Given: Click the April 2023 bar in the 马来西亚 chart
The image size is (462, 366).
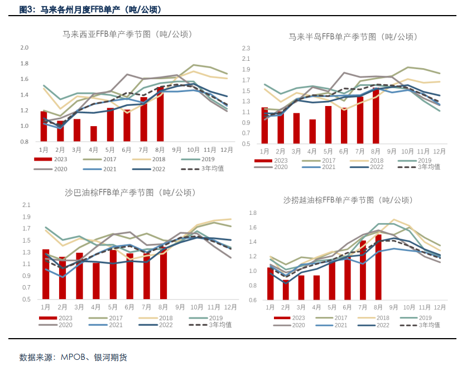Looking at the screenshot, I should click(x=94, y=134).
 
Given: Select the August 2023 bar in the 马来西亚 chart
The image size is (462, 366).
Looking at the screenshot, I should click(x=161, y=114).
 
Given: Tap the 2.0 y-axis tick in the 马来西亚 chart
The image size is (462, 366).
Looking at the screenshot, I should click(x=24, y=47).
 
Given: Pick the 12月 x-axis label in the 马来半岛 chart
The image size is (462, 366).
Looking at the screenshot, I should click(x=440, y=151).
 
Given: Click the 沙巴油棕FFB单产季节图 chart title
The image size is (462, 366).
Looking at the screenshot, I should click(x=129, y=192).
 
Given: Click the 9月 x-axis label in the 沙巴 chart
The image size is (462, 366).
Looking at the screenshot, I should click(x=180, y=307).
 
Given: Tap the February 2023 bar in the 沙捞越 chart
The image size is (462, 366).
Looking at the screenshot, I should click(x=286, y=290).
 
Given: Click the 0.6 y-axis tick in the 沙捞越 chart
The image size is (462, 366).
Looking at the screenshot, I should click(x=252, y=300).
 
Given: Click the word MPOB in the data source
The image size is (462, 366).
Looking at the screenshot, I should click(x=72, y=357).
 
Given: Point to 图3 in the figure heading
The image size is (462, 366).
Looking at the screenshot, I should click(x=27, y=9).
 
